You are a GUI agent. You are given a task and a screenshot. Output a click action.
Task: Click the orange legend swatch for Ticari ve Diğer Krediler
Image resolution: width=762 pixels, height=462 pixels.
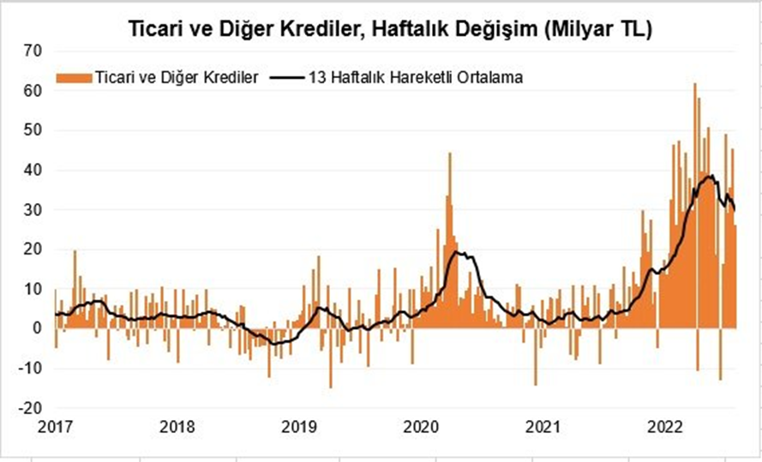pos(75,77)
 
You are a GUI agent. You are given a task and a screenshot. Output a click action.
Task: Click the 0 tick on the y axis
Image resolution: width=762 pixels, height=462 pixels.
pos(37,328)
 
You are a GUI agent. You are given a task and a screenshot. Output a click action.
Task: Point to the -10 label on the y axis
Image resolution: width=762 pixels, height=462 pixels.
pos(30,369)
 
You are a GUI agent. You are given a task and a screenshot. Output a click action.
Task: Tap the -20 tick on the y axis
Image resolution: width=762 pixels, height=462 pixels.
pos(30,408)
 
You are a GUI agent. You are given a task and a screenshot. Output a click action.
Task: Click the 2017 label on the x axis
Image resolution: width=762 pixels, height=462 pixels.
pos(55,426)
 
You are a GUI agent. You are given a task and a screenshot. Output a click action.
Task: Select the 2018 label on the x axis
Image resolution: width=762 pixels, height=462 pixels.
pos(177,426)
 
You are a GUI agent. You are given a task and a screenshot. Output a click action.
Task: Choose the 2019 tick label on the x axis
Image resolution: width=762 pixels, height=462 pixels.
pos(299,426)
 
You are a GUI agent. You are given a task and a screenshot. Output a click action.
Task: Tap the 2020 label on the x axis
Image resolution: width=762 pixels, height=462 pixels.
pos(421,426)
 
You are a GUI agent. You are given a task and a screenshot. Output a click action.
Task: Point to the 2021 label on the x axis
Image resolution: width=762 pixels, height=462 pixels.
pos(543,426)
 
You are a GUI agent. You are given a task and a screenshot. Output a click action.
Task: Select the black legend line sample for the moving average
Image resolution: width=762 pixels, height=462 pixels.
pos(286,77)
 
